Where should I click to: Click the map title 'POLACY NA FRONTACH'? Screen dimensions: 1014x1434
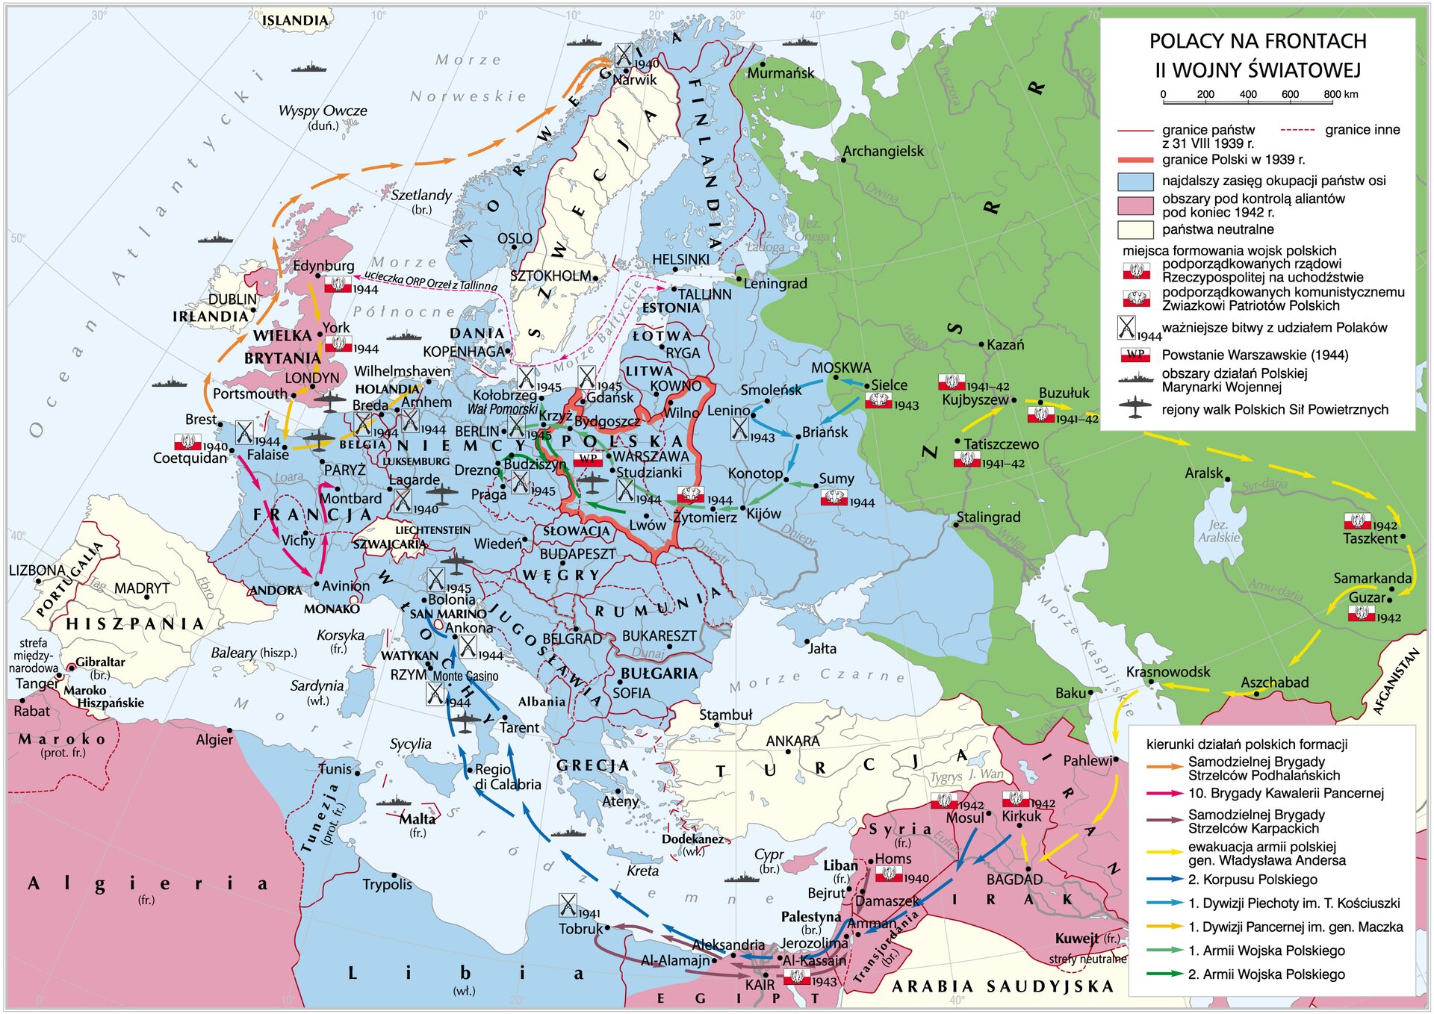tap(1258, 41)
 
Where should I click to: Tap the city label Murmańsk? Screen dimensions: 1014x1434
tap(780, 73)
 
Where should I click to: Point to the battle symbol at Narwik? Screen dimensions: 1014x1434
tap(624, 55)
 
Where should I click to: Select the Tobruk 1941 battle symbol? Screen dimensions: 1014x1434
tap(568, 906)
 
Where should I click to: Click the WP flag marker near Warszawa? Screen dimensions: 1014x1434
tap(588, 458)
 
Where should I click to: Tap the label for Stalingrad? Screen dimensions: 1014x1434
tap(988, 517)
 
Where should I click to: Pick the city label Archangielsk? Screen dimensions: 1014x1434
tap(883, 151)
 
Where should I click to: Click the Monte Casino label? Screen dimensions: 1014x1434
tap(465, 676)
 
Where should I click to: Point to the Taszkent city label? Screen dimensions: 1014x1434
tap(1370, 538)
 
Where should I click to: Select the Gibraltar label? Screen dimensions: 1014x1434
tap(100, 662)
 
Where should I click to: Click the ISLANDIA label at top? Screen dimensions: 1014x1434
tap(295, 20)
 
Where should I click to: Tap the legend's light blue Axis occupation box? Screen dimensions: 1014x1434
tap(1135, 181)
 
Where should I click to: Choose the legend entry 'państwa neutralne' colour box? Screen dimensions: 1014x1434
tap(1135, 229)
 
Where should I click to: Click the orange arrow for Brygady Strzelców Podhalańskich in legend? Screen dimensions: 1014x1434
tap(1164, 767)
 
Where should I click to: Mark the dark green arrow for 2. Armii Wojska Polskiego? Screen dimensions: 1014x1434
tap(1164, 974)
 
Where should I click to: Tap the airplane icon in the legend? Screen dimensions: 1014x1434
tap(1135, 408)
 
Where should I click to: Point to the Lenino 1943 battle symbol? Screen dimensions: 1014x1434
tap(739, 429)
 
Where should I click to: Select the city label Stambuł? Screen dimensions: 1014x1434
tap(725, 715)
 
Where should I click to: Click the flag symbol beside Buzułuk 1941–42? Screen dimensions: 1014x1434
tap(1040, 414)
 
